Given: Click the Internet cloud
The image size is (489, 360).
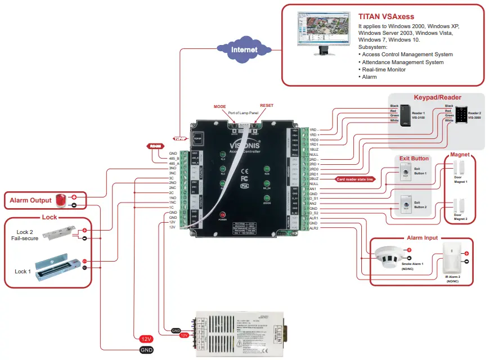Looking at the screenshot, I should (x=244, y=49).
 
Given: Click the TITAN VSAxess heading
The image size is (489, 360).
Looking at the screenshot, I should (x=384, y=17).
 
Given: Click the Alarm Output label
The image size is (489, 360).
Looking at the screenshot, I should (x=30, y=200).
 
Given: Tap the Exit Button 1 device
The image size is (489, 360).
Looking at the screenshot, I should (x=405, y=174).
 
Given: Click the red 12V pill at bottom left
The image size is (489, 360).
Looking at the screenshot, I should (x=146, y=339).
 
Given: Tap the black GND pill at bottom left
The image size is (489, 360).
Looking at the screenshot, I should (x=146, y=350).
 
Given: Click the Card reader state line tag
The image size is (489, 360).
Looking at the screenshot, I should (x=355, y=179).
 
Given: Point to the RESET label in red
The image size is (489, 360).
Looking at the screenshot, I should (x=266, y=106).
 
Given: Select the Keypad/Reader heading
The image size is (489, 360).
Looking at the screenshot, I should (x=436, y=97).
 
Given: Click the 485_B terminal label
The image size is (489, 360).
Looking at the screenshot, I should (x=173, y=158).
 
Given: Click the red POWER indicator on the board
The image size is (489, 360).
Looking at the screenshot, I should (x=222, y=215).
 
